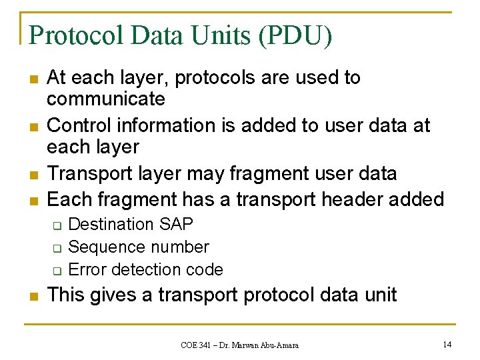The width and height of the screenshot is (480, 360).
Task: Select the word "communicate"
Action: pos(106,99)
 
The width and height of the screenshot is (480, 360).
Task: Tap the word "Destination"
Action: pos(111,224)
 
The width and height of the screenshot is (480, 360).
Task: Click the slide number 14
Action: pos(446,344)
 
